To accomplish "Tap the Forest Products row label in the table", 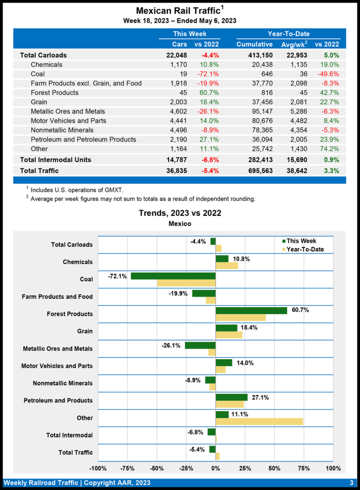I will tap(55, 92).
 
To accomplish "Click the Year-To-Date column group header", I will tap(288, 34).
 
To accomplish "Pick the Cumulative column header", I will tap(254, 45).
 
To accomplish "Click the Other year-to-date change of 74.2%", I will tap(329, 148).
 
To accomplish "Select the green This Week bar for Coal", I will tap(173, 276).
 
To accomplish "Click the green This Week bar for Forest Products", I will tap(251, 311).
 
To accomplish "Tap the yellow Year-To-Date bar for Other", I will tap(259, 421).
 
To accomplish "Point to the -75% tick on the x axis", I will tap(127, 468).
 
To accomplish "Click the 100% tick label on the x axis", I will tap(333, 468).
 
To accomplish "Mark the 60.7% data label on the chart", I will tap(300, 310).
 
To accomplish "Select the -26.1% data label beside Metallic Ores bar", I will tap(171, 345).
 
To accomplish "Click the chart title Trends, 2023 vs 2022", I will tap(180, 213).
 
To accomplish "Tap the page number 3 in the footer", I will tap(351, 482).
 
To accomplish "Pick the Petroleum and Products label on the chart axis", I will tap(58, 401).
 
